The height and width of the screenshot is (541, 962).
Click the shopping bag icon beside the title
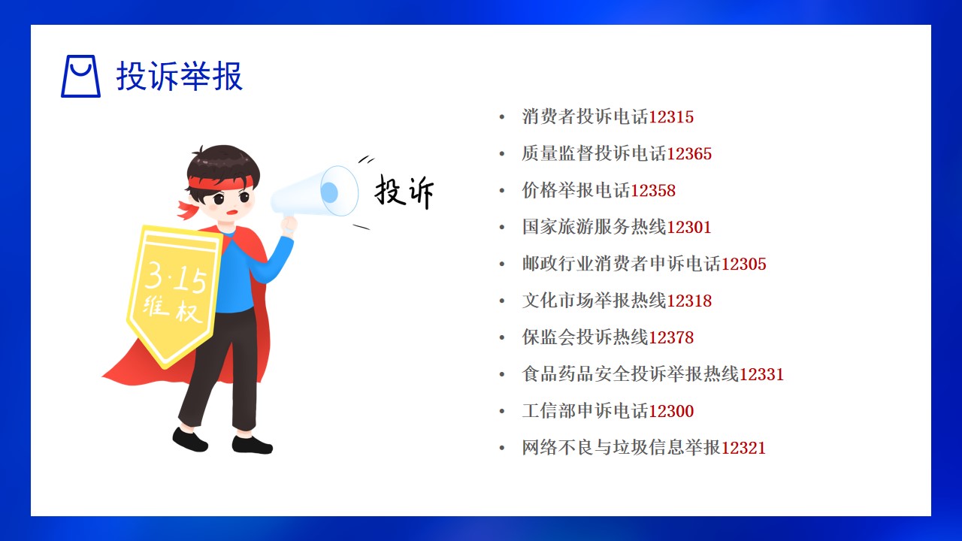click(x=80, y=76)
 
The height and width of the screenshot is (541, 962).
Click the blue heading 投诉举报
click(x=180, y=76)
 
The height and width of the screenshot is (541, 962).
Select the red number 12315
click(x=671, y=116)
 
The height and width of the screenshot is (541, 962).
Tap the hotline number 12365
click(x=689, y=154)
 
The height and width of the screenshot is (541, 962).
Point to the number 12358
click(x=653, y=191)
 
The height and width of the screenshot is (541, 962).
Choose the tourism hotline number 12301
click(x=689, y=227)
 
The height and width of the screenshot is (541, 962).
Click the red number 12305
click(x=743, y=264)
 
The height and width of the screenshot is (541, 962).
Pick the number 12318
click(x=689, y=301)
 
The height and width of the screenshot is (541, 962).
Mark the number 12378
click(x=671, y=337)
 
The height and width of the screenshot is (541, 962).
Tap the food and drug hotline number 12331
click(x=761, y=374)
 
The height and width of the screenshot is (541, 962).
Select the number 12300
click(x=671, y=411)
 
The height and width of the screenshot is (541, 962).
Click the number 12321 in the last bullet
click(x=743, y=448)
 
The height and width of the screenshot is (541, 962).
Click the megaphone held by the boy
click(x=315, y=192)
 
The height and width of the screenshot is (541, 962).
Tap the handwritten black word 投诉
click(x=404, y=192)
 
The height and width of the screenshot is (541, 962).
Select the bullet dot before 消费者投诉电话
click(x=501, y=117)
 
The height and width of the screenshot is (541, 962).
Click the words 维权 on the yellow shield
click(x=172, y=308)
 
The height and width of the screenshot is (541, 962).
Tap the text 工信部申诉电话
click(x=585, y=411)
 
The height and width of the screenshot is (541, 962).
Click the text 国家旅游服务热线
click(x=594, y=227)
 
